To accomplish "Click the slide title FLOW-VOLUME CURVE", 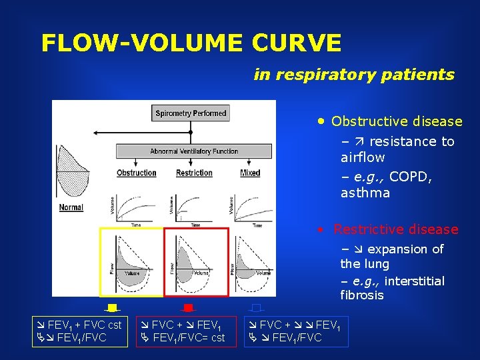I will pyautogui.click(x=191, y=43).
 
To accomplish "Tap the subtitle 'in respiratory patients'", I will pyautogui.click(x=354, y=75).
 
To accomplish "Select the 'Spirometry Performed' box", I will pyautogui.click(x=191, y=113).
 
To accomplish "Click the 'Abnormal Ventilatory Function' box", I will pyautogui.click(x=194, y=151).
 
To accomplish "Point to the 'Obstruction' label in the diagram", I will pyautogui.click(x=136, y=173).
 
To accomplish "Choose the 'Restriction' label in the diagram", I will pyautogui.click(x=194, y=173).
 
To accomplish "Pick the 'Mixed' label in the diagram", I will pyautogui.click(x=250, y=173).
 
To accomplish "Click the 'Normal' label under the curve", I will pyautogui.click(x=71, y=207).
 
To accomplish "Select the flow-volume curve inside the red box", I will pyautogui.click(x=196, y=262).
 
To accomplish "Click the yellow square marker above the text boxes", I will pyautogui.click(x=112, y=307).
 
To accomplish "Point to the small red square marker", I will pyautogui.click(x=188, y=307).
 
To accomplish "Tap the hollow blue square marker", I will pyautogui.click(x=256, y=307).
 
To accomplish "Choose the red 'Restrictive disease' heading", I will pyautogui.click(x=396, y=229).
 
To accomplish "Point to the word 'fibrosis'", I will pyautogui.click(x=362, y=295).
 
